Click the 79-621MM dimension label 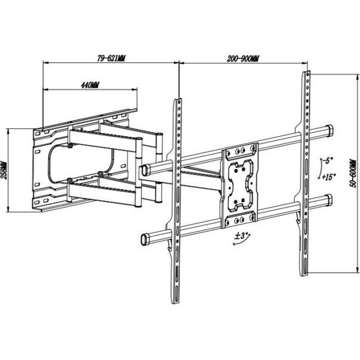coord(111,58)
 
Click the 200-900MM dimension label coord(243,58)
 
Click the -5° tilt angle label coord(328,161)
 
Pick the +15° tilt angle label coord(328,177)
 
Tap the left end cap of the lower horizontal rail coord(144,238)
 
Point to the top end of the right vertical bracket coord(305,73)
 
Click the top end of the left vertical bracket coord(177,101)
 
